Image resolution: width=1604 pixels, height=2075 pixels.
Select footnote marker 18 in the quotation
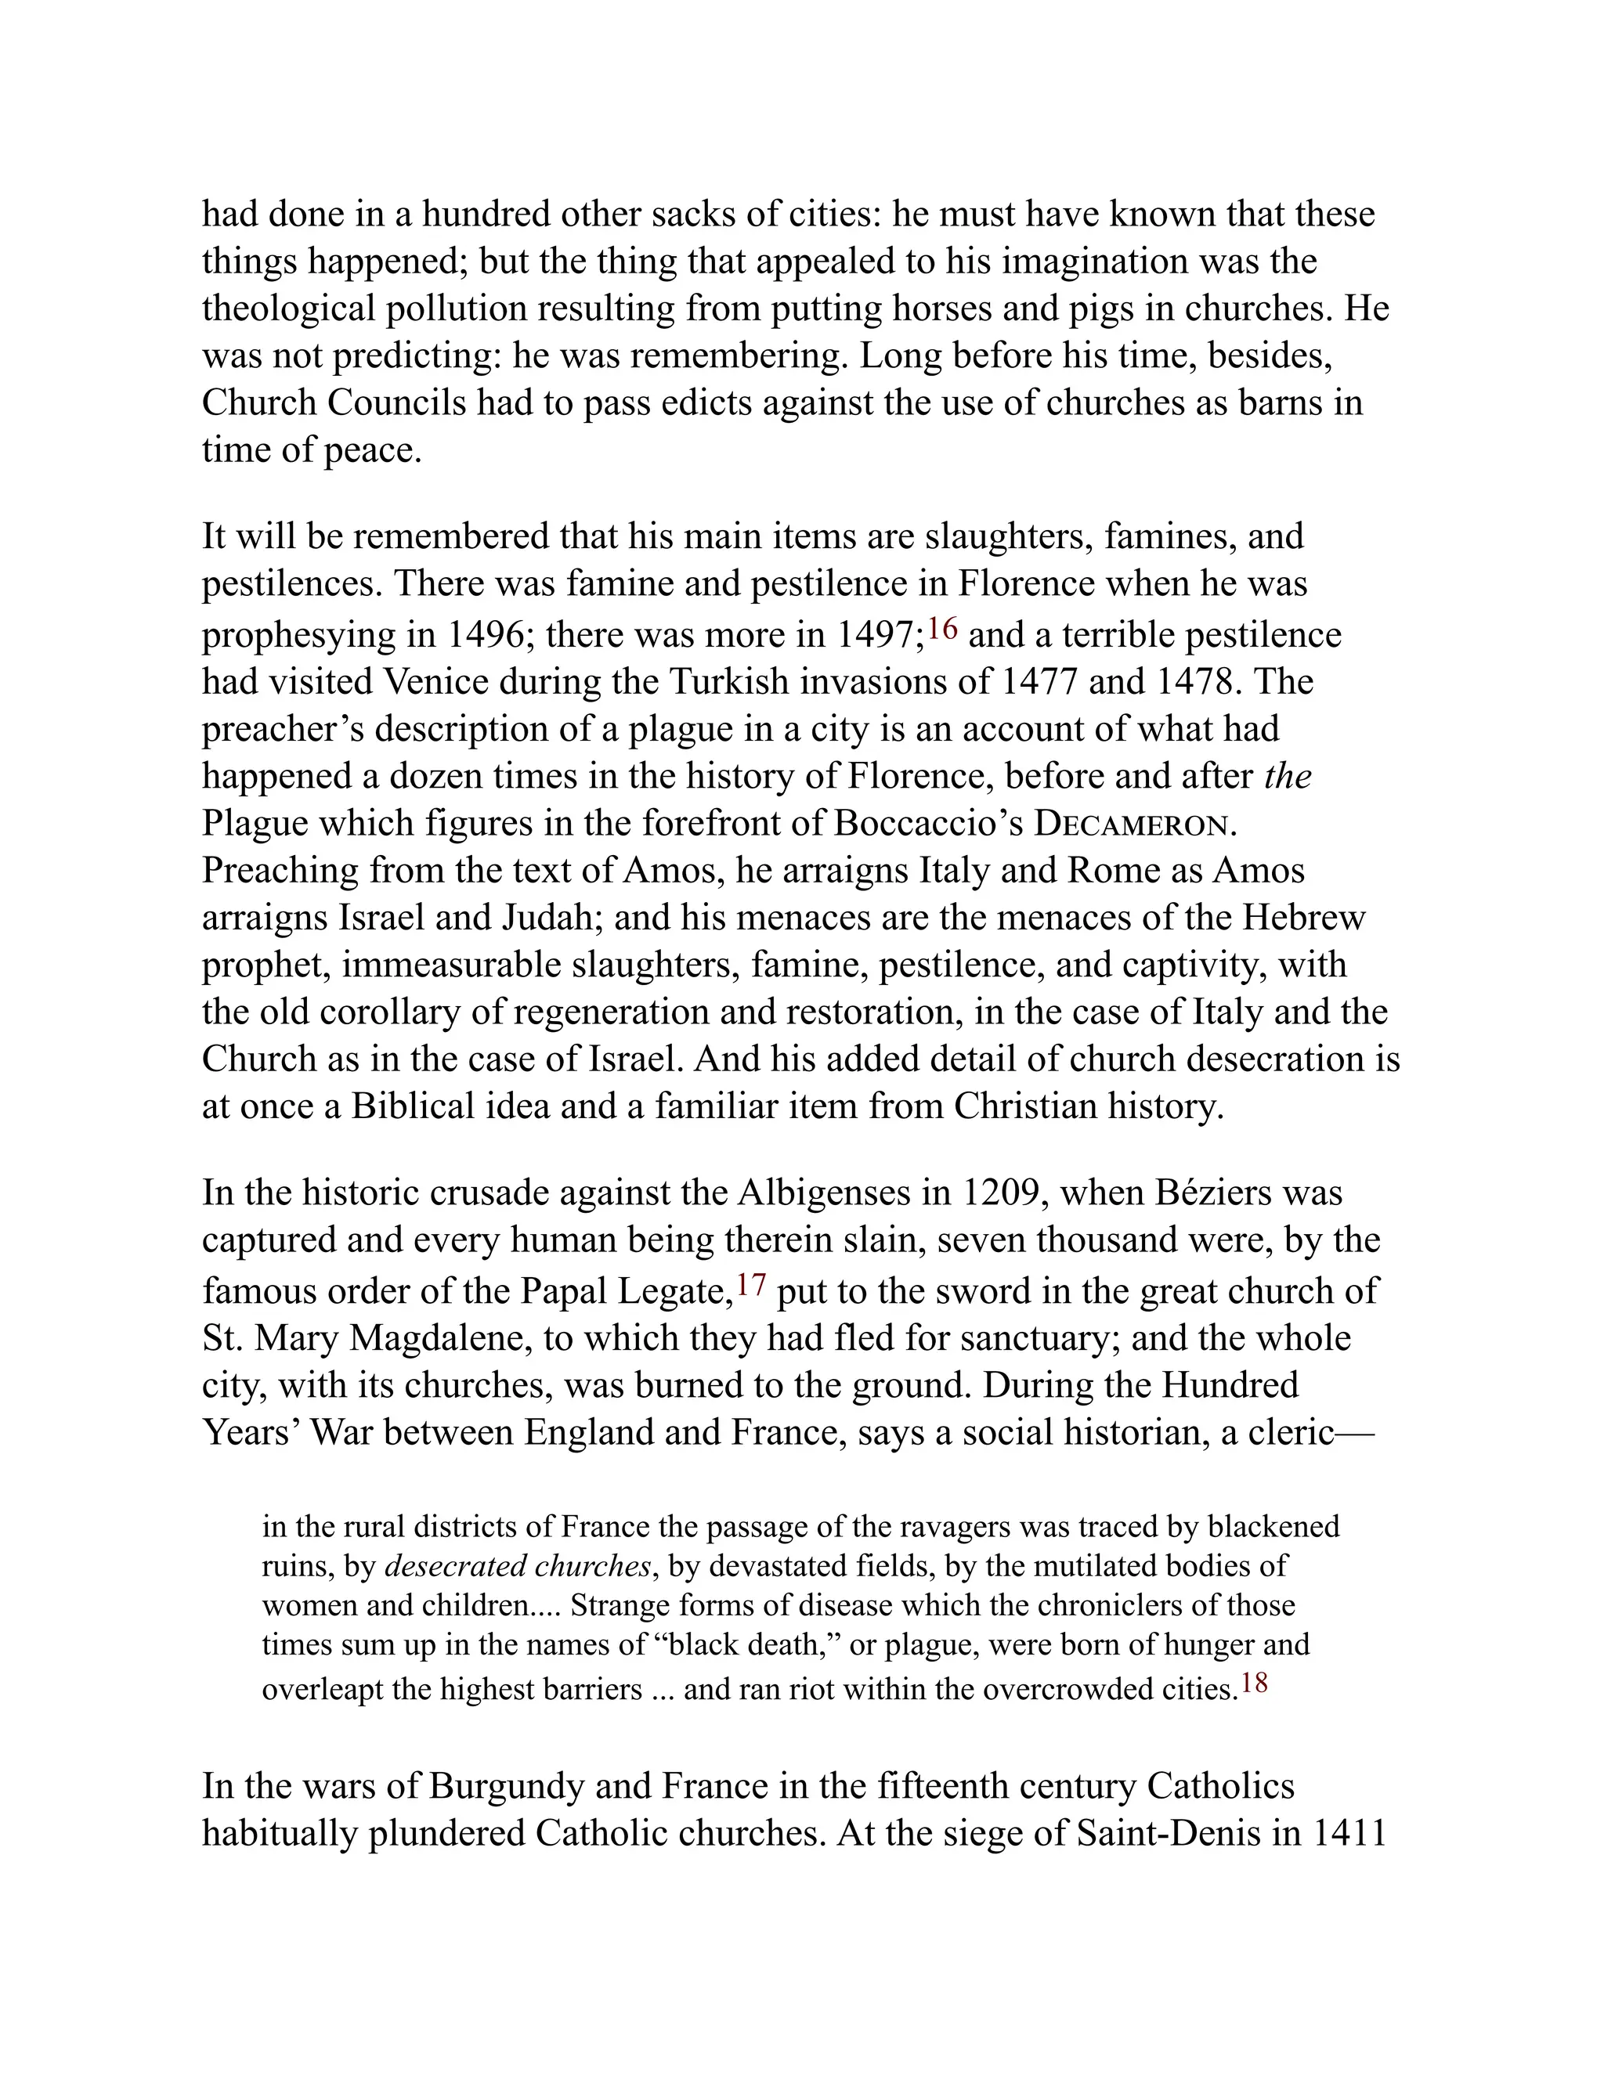coord(1255,1683)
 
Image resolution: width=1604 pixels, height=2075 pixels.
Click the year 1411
coord(1349,1833)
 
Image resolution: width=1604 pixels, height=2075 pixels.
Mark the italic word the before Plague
coord(1288,776)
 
